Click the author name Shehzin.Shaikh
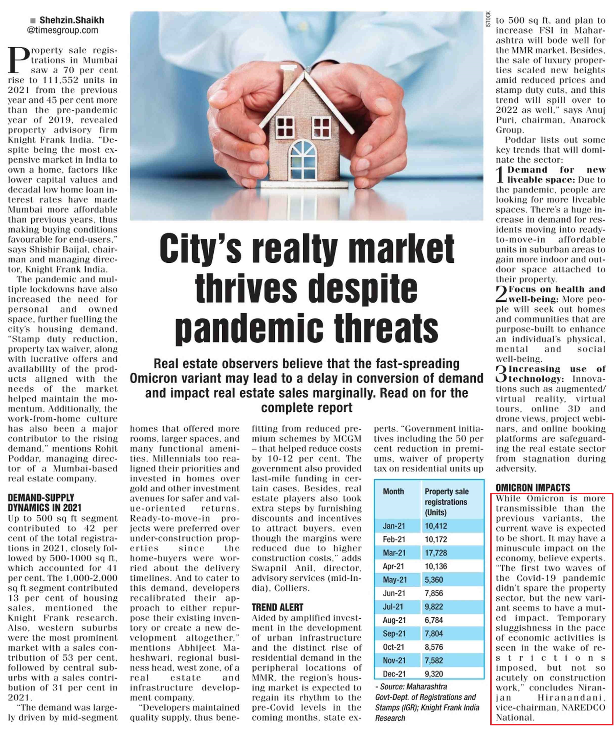(72, 20)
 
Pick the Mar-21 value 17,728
(436, 553)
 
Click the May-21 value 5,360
(434, 580)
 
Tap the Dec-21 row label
(393, 674)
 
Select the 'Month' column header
(393, 491)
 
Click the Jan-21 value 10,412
(436, 526)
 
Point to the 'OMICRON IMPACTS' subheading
(533, 488)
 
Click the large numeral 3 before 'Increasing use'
(501, 374)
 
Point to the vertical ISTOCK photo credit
(488, 19)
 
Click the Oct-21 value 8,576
(434, 647)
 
